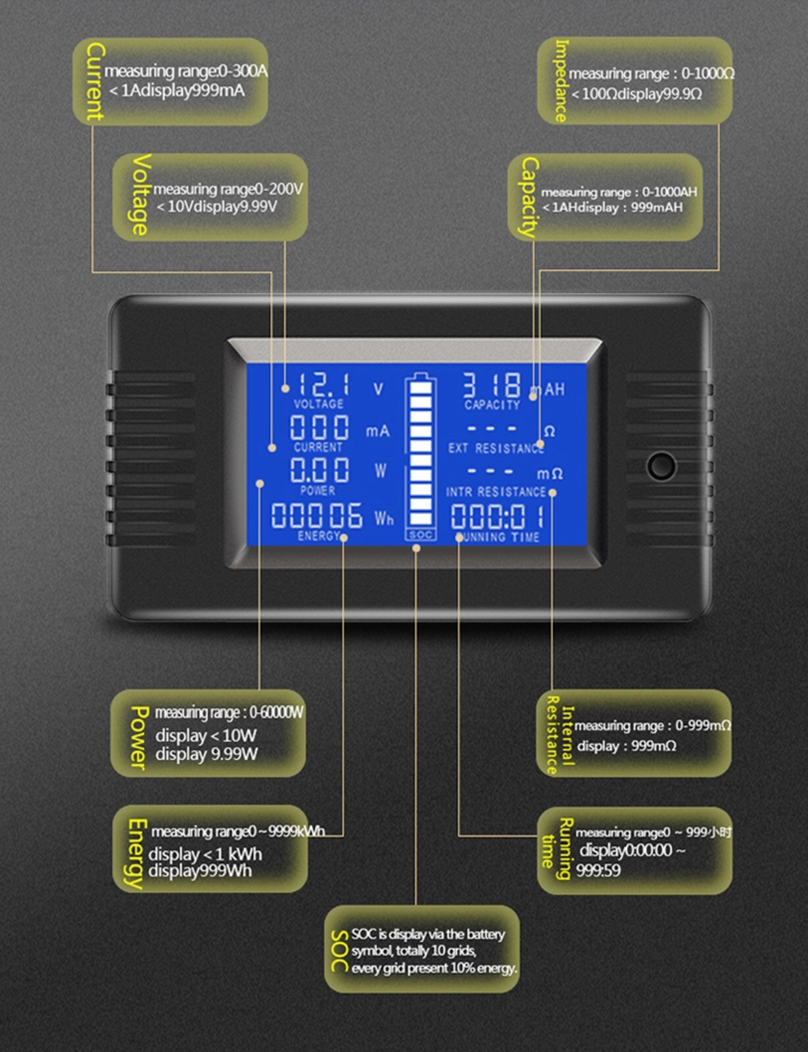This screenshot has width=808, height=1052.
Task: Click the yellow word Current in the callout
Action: click(x=95, y=82)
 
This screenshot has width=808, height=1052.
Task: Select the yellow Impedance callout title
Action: click(x=561, y=81)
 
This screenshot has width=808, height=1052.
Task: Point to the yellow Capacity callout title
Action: click(x=529, y=197)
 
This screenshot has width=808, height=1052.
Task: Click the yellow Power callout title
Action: click(x=139, y=737)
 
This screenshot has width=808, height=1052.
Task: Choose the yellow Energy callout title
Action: click(x=135, y=853)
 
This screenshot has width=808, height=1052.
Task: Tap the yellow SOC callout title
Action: click(x=339, y=951)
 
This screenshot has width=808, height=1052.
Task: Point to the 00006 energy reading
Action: click(x=316, y=515)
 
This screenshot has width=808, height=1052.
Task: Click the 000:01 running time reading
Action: click(x=498, y=516)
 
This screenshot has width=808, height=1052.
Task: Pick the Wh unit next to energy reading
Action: click(x=384, y=519)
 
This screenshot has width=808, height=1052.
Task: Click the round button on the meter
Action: click(x=660, y=466)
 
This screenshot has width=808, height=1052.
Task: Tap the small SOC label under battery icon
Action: click(x=420, y=535)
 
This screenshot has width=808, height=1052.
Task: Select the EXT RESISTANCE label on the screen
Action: click(x=496, y=448)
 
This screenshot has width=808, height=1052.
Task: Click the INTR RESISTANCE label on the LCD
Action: click(x=496, y=492)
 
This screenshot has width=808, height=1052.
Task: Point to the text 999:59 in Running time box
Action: click(x=598, y=871)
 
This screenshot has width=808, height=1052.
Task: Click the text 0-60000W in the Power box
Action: click(x=276, y=713)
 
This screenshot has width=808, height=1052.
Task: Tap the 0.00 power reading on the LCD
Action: click(x=320, y=471)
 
